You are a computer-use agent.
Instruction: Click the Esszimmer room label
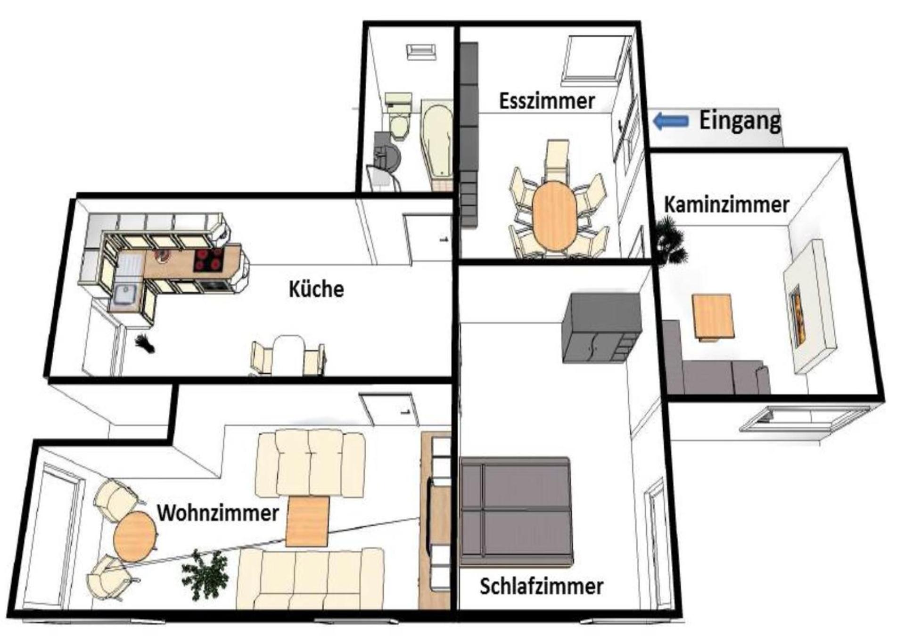[546, 101]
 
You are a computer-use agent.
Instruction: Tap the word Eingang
[739, 121]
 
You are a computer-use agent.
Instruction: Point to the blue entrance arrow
[670, 121]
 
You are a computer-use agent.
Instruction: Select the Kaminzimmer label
[726, 205]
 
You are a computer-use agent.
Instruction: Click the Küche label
[316, 289]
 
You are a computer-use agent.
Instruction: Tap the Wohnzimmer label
[218, 513]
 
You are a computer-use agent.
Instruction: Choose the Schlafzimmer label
[541, 587]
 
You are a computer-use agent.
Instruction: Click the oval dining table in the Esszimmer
[554, 216]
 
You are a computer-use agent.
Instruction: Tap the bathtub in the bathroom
[436, 141]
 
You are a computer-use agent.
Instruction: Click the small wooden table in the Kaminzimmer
[713, 316]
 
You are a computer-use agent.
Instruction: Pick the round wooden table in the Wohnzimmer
[135, 536]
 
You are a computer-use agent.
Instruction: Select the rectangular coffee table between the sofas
[307, 522]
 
